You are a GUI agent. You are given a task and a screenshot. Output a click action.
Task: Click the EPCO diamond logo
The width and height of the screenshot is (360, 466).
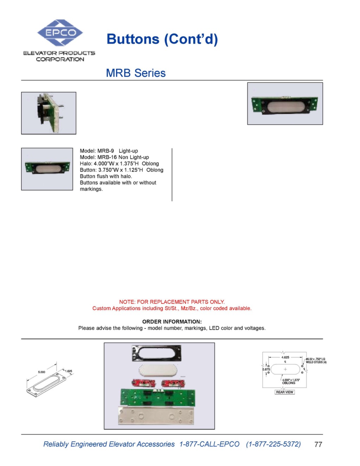click(x=60, y=33)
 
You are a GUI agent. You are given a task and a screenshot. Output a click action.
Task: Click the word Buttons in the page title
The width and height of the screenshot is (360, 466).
click(x=133, y=39)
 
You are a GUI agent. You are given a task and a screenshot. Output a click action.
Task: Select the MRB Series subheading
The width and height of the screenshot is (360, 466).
click(x=136, y=73)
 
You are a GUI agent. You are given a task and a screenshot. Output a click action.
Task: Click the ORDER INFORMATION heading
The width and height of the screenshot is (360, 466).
click(x=172, y=321)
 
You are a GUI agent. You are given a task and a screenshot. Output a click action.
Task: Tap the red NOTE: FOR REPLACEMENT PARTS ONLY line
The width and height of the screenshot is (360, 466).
click(x=172, y=302)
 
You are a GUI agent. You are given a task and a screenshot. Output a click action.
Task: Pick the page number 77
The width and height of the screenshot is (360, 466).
click(x=318, y=444)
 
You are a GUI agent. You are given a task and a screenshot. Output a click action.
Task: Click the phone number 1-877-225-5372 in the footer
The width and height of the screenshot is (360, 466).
click(x=274, y=444)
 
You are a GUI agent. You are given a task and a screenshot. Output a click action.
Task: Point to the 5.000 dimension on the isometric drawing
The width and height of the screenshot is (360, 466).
click(x=41, y=372)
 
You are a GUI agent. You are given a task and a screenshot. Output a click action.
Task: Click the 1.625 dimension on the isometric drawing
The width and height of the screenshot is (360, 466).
click(x=68, y=371)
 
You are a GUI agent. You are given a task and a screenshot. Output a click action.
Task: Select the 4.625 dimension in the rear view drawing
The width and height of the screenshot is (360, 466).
click(x=285, y=357)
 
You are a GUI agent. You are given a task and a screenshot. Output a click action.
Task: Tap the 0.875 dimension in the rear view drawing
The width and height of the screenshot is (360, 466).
click(x=266, y=369)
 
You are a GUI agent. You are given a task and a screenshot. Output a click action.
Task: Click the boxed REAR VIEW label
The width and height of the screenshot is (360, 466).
click(x=284, y=392)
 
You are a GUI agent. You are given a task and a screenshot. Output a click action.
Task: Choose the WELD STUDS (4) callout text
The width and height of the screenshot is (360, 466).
click(x=316, y=362)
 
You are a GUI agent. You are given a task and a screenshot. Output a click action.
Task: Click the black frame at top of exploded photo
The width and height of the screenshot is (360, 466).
click(x=156, y=353)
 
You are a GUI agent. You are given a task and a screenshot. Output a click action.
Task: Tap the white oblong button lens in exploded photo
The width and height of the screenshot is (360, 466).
click(x=157, y=370)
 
